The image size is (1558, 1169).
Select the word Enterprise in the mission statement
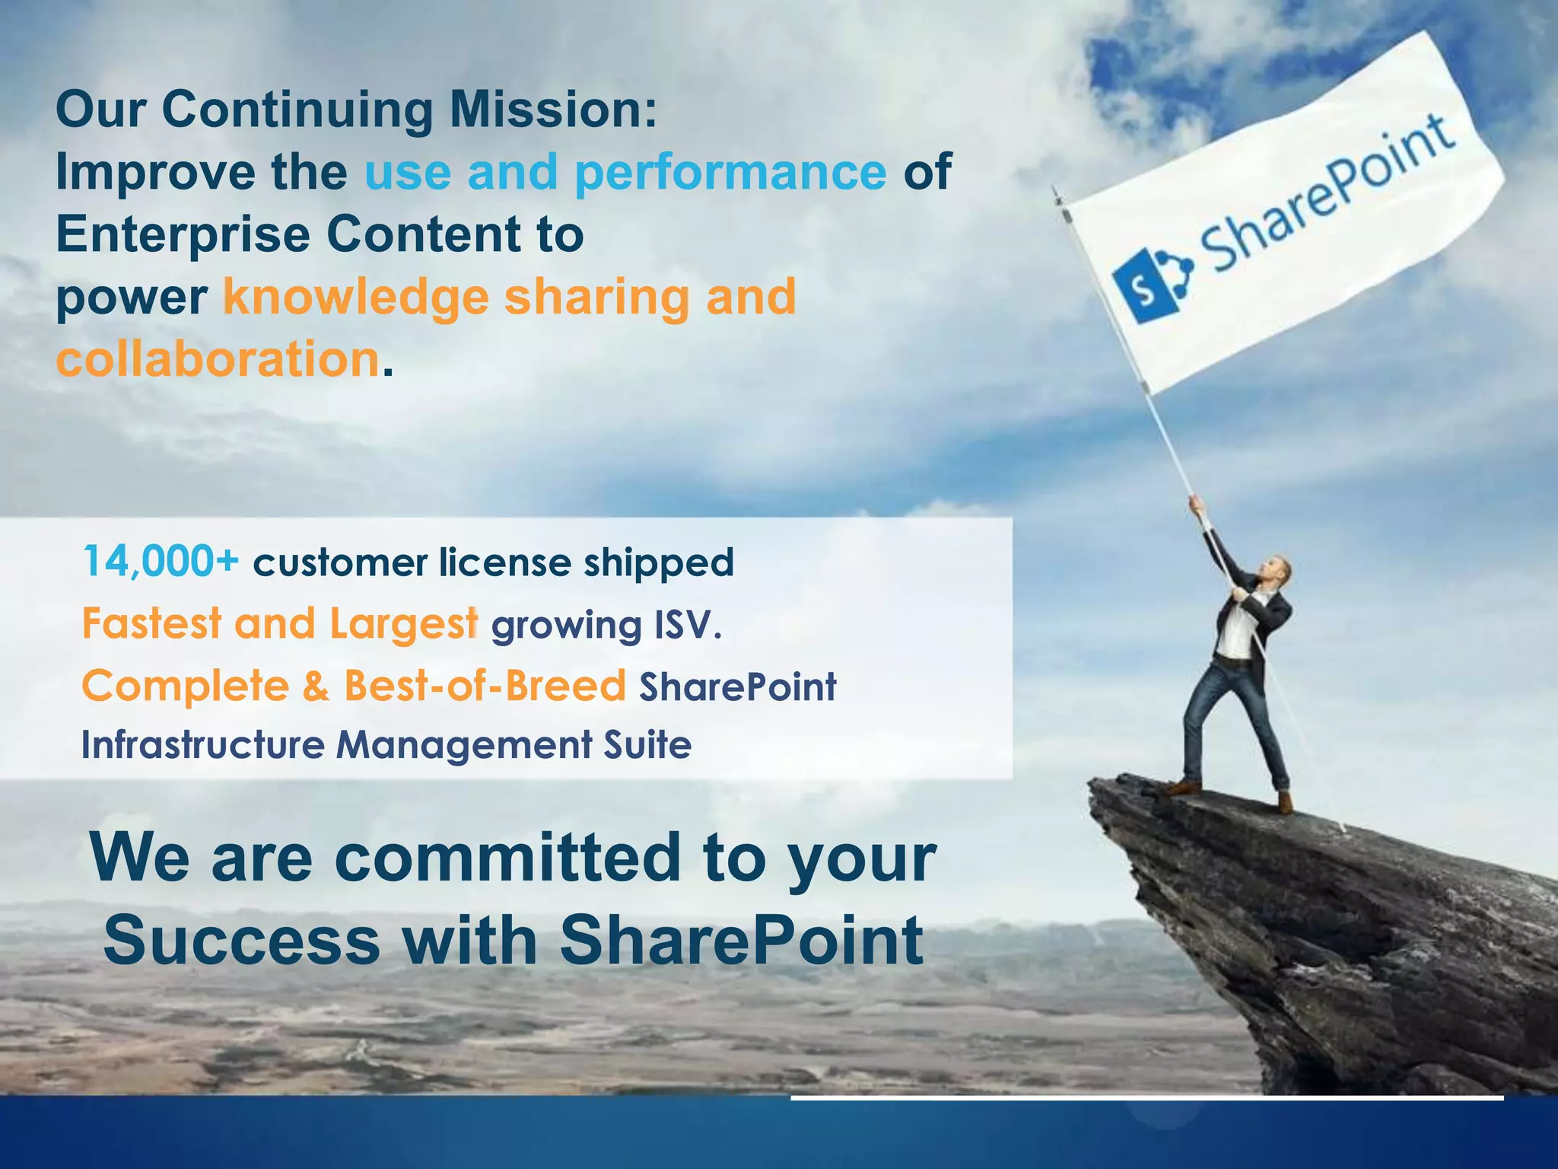coord(183,235)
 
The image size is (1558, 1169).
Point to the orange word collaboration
coord(218,359)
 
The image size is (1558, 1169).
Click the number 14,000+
coord(161,562)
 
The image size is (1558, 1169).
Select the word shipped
coord(659,564)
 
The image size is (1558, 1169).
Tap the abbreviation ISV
coord(687,626)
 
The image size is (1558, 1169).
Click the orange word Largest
coord(404,625)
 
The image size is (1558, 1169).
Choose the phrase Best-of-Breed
coord(485,686)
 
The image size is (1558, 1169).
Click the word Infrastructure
coord(203,745)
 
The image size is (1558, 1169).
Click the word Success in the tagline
coord(241,941)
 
